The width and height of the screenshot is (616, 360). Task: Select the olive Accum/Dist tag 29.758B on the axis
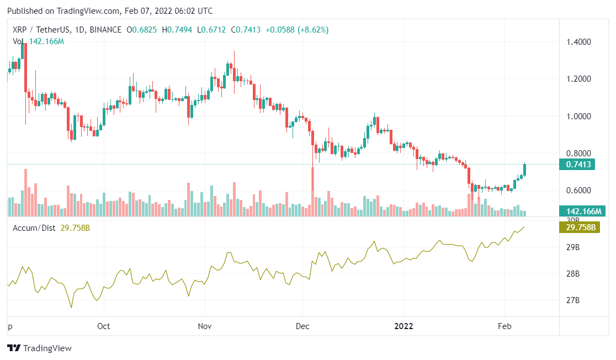580,227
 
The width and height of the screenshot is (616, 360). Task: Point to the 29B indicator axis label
573,248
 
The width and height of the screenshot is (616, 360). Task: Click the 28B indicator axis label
573,274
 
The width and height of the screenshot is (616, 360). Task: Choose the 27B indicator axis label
573,300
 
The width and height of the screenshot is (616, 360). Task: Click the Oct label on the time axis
103,326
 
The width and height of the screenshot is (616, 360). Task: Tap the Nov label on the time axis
204,326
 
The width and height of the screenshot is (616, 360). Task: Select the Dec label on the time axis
303,326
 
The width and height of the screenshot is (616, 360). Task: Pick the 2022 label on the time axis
403,326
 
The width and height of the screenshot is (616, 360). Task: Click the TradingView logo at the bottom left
39,348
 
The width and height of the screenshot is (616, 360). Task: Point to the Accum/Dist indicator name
34,228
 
